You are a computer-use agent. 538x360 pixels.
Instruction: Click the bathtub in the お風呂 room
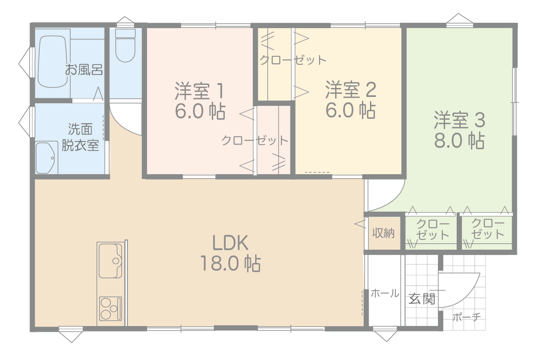53,62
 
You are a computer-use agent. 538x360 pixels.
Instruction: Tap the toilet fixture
125,46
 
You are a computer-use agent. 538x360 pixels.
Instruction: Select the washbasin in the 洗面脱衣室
46,158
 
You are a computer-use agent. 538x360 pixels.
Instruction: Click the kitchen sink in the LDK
110,261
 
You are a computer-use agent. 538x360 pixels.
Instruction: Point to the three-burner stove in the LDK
110,308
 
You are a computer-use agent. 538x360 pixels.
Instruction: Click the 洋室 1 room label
200,91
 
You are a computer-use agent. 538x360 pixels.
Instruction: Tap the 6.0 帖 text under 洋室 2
350,110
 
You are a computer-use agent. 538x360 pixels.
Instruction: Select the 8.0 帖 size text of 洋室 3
459,140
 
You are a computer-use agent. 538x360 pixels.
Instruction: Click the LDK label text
230,243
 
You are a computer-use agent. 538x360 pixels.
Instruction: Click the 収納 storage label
383,233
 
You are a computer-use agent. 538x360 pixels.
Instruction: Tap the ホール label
385,293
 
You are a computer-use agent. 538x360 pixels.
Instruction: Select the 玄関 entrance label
422,299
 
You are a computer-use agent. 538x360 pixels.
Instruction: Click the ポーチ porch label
467,317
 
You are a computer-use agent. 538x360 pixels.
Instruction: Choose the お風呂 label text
84,70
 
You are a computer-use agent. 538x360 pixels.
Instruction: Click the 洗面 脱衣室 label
80,137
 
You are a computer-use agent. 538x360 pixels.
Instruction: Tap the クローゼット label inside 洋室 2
293,60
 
